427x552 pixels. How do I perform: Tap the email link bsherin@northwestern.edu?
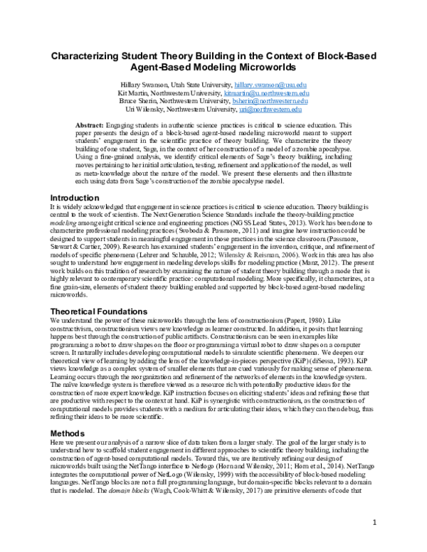coord(273,102)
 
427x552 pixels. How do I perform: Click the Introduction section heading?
coord(71,196)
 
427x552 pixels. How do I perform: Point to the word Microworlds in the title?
coord(278,68)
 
